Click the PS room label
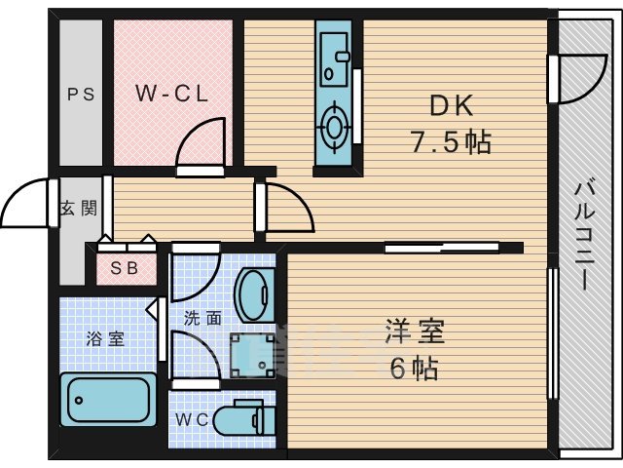[x=80, y=95]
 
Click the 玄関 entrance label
[x=77, y=208]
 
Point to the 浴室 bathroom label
[x=105, y=339]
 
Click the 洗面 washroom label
[x=202, y=317]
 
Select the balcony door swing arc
[x=574, y=78]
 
